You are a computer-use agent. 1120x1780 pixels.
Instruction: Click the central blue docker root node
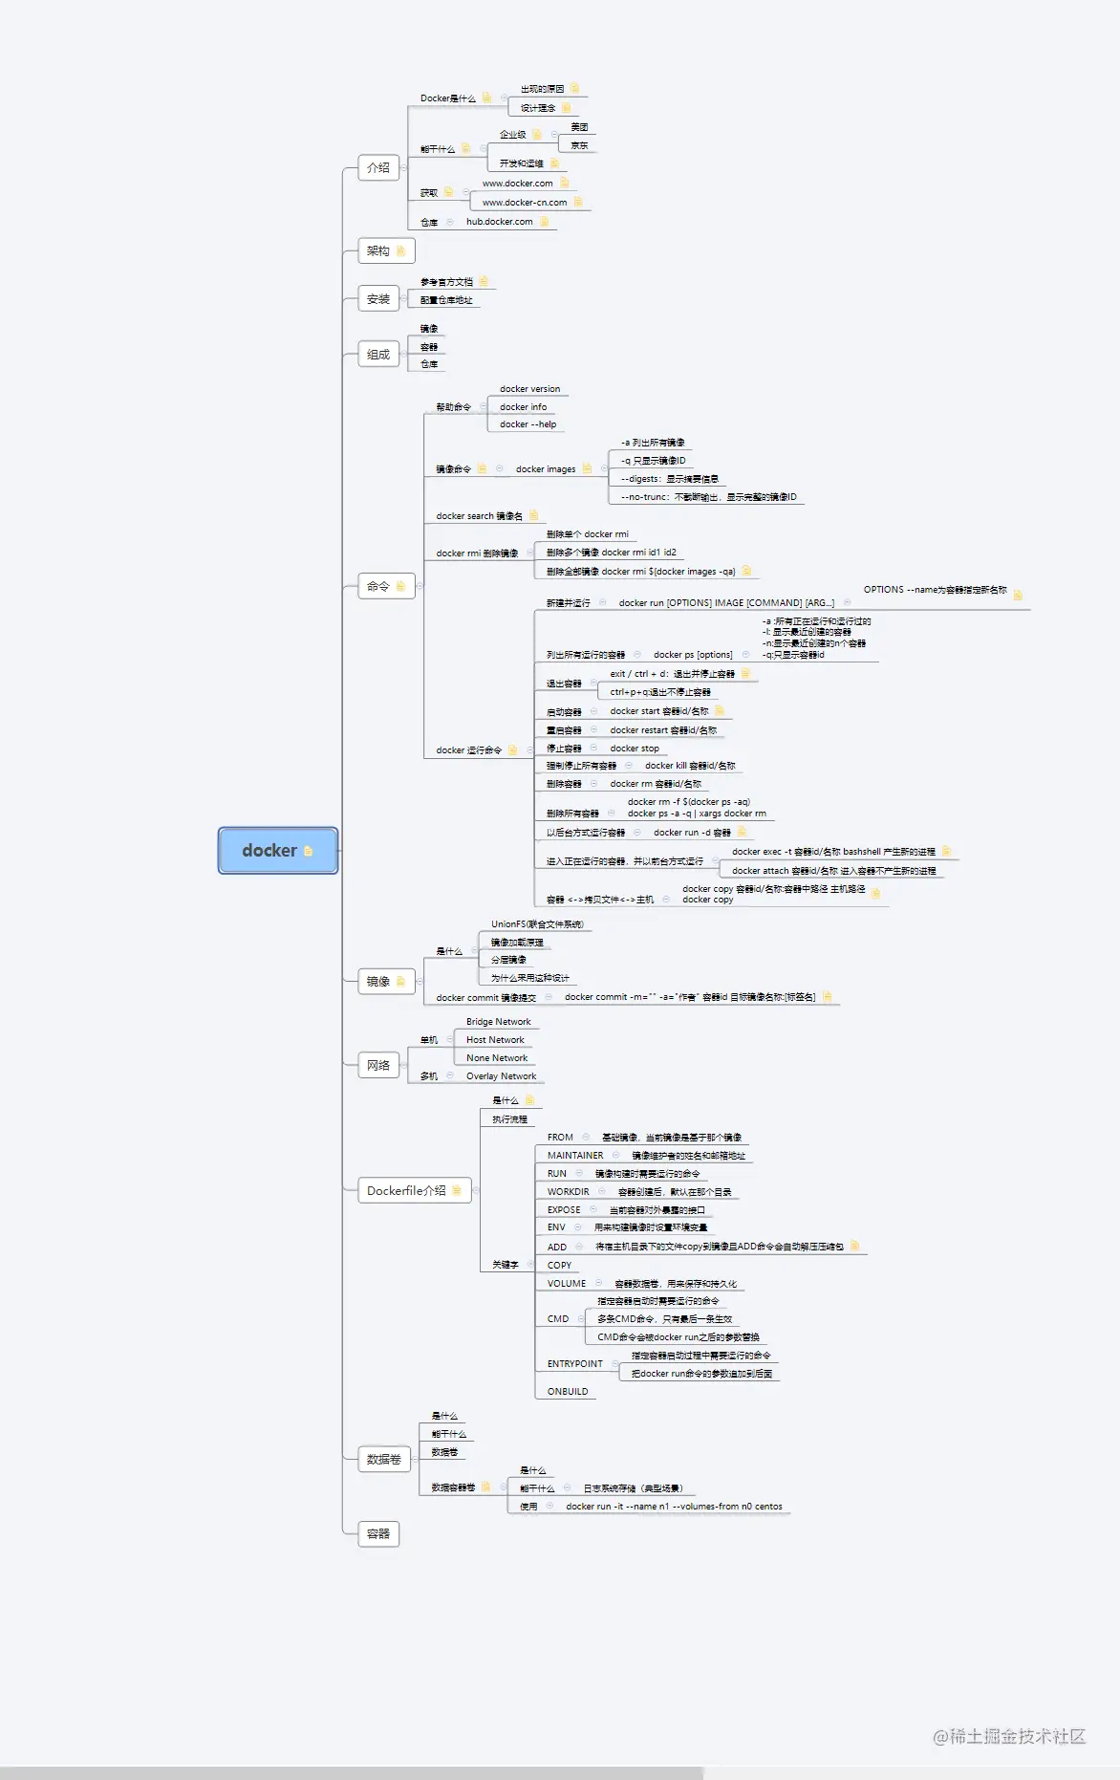pyautogui.click(x=277, y=850)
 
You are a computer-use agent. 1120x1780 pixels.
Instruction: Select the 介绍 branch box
pyautogui.click(x=378, y=167)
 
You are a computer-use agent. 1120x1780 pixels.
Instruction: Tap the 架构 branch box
pyautogui.click(x=378, y=251)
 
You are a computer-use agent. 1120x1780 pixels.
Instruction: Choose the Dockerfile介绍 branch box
pyautogui.click(x=407, y=1190)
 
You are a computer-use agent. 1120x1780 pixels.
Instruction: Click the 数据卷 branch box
pyautogui.click(x=384, y=1459)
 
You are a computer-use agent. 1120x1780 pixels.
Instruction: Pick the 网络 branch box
pyautogui.click(x=378, y=1065)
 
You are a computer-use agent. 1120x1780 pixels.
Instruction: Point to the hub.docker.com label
pyautogui.click(x=499, y=222)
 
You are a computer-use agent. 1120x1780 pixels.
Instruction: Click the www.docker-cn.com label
pyautogui.click(x=524, y=203)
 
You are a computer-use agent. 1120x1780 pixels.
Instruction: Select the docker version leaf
pyautogui.click(x=529, y=389)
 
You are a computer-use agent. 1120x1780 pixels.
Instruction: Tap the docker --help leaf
pyautogui.click(x=528, y=424)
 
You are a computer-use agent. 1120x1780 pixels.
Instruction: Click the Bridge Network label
pyautogui.click(x=498, y=1022)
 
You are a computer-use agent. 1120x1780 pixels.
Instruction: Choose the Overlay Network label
pyautogui.click(x=501, y=1076)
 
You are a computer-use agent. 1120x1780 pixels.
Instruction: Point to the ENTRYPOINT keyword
pyautogui.click(x=574, y=1364)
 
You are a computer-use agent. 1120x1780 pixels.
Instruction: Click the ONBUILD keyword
pyautogui.click(x=568, y=1392)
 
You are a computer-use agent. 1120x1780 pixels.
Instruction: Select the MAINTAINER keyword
pyautogui.click(x=574, y=1156)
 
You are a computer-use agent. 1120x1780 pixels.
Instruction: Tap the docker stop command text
pyautogui.click(x=635, y=749)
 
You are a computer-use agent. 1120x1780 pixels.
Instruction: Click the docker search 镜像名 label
pyautogui.click(x=479, y=516)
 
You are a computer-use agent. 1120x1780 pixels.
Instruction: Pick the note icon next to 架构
pyautogui.click(x=401, y=251)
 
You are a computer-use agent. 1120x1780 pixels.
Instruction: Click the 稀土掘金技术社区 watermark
pyautogui.click(x=1009, y=1736)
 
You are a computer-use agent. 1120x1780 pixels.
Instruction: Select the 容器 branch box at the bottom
pyautogui.click(x=378, y=1533)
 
